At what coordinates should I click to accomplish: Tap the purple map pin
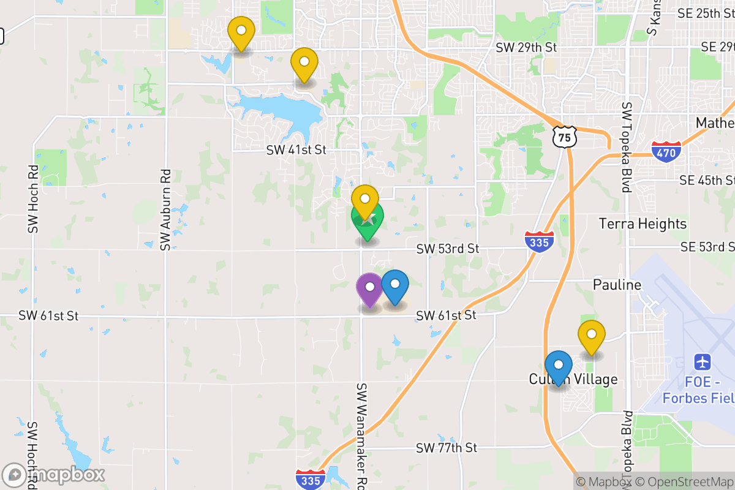(x=370, y=288)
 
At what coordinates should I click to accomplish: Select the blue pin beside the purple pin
(x=396, y=285)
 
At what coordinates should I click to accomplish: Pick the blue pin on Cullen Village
(x=559, y=366)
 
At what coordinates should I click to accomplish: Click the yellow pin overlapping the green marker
(x=365, y=200)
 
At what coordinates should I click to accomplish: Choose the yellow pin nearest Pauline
(x=592, y=336)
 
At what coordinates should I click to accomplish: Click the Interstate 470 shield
(x=666, y=151)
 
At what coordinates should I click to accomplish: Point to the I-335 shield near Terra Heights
(x=539, y=241)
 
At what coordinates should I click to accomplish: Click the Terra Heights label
(x=643, y=224)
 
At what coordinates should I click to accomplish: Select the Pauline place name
(x=617, y=285)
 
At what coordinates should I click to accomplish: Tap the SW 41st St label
(x=296, y=149)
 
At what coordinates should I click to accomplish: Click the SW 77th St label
(x=446, y=448)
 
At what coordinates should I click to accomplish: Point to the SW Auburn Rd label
(x=165, y=209)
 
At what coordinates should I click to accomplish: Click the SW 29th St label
(x=526, y=47)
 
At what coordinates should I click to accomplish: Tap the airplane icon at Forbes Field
(x=703, y=362)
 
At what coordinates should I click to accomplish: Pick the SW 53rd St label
(x=448, y=249)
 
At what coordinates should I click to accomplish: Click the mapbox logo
(x=54, y=475)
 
